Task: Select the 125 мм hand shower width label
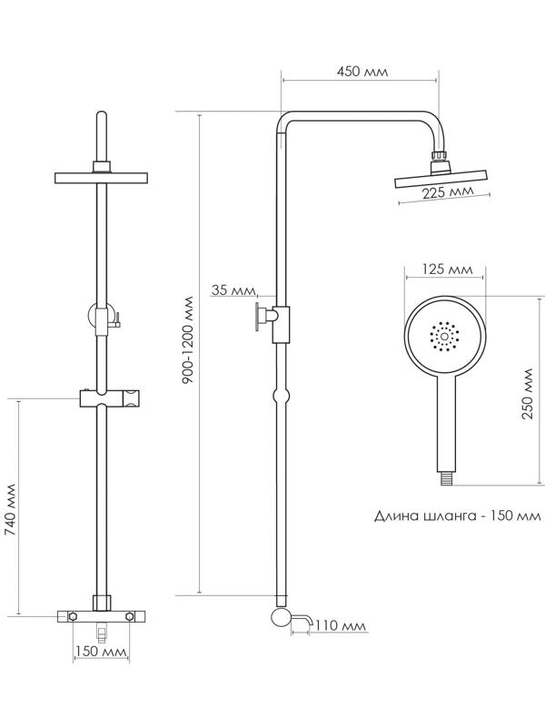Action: (x=449, y=270)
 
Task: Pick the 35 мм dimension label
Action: (x=232, y=290)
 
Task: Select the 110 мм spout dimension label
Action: (x=344, y=625)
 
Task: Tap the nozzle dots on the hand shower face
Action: (x=445, y=338)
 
